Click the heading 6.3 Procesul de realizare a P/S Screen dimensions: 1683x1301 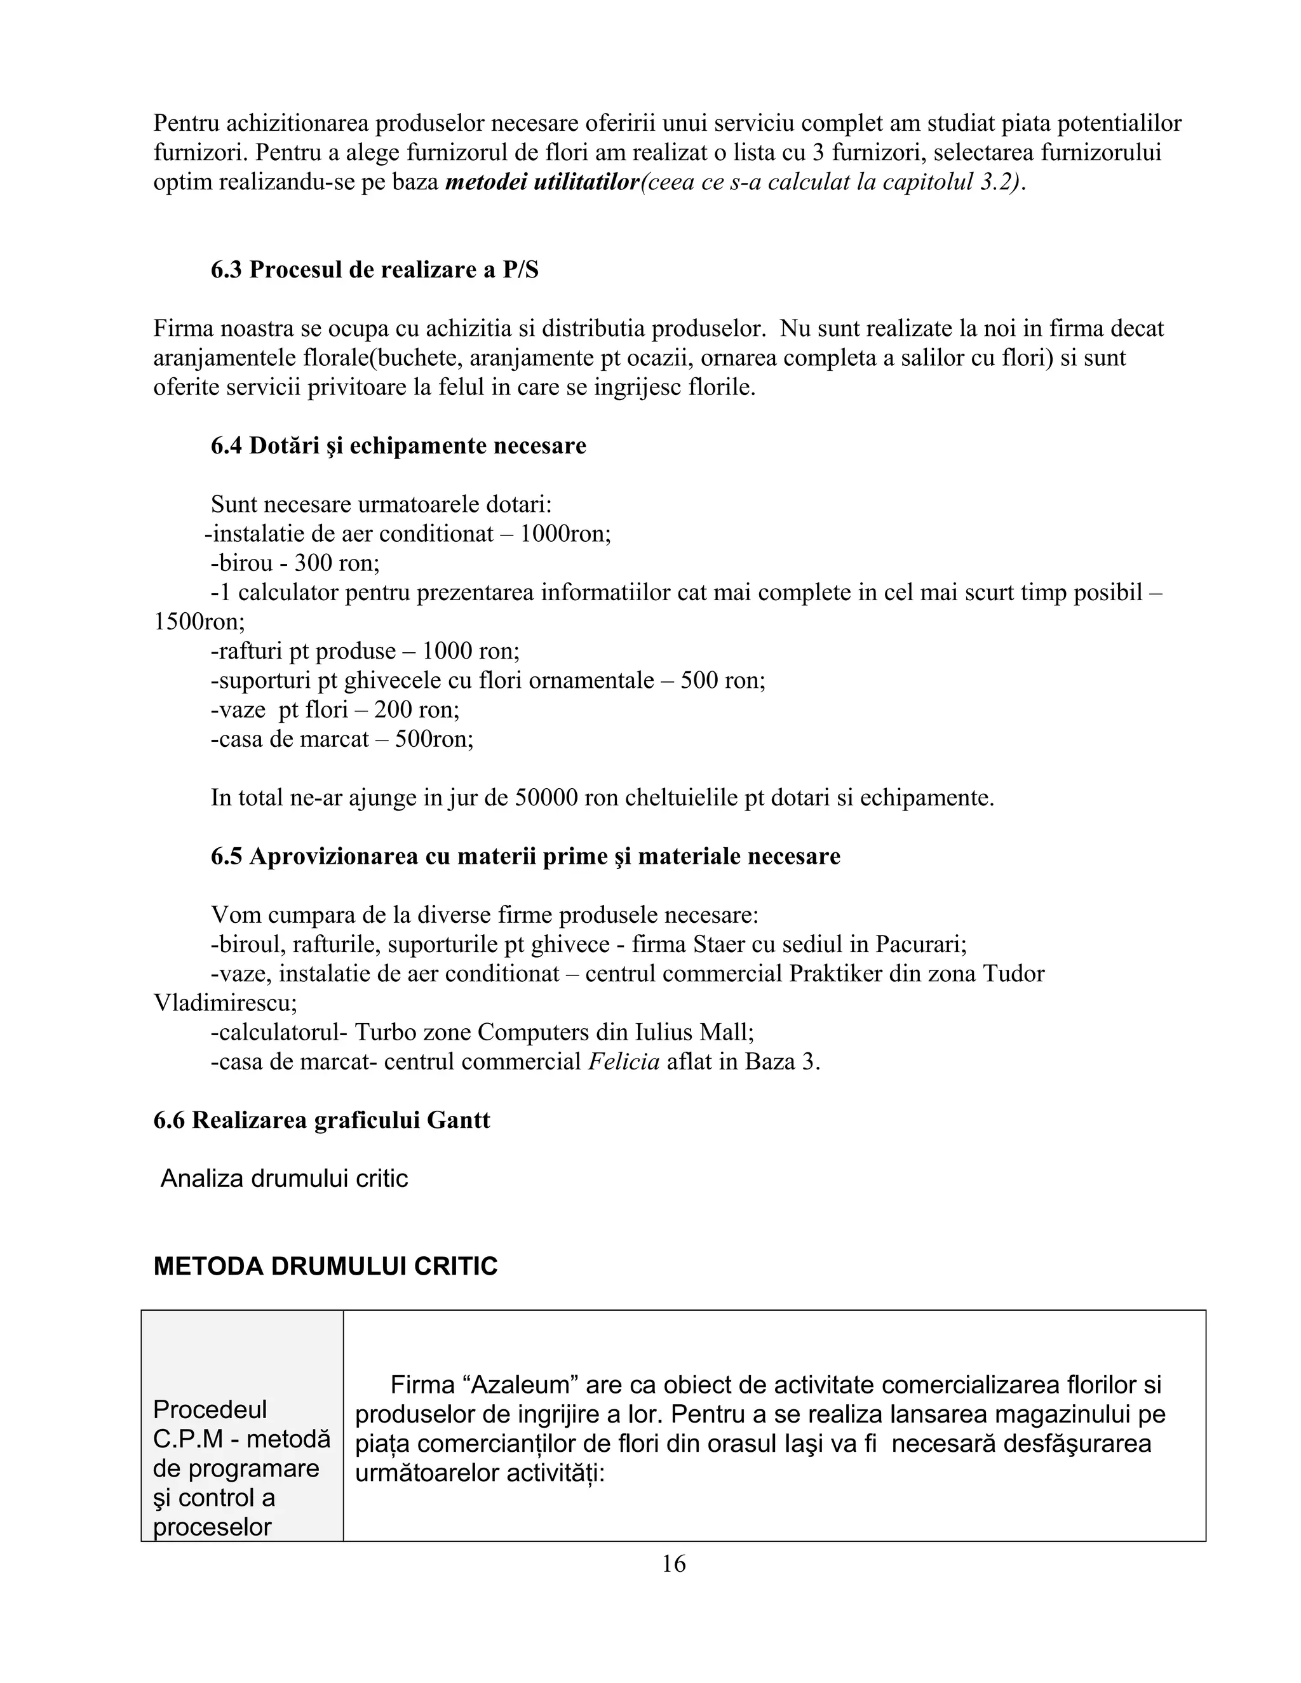pos(375,271)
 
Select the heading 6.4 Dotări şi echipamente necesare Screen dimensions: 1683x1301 pos(398,446)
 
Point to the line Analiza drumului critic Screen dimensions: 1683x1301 pos(283,1179)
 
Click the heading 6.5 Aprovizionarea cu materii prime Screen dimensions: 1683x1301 pos(525,856)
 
